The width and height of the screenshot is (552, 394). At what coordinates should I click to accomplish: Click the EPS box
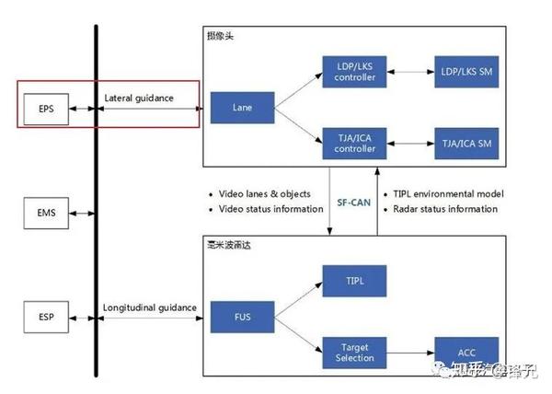tap(46, 108)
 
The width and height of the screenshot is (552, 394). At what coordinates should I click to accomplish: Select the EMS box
tap(46, 214)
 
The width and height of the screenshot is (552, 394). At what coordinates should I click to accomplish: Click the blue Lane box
tap(243, 107)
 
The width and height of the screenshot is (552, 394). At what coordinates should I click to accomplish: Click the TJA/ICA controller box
tap(355, 143)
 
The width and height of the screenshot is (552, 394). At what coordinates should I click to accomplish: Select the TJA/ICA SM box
tap(466, 143)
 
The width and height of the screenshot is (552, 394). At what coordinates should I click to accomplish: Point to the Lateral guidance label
tap(139, 97)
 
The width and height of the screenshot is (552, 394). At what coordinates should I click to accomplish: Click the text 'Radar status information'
tap(448, 209)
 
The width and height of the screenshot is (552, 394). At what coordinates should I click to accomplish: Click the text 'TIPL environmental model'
tap(452, 194)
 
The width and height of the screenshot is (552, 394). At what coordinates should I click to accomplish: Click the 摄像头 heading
tap(222, 36)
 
